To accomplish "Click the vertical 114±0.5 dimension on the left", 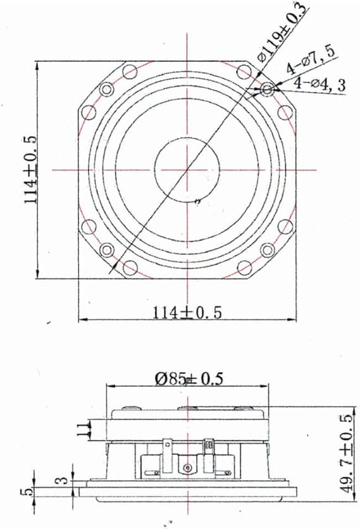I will coord(30,169).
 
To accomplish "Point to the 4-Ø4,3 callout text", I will coord(320,86).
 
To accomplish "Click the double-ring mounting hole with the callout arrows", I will coord(268,90).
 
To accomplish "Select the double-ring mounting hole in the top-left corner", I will coord(107,90).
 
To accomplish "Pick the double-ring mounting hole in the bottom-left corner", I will coord(107,249).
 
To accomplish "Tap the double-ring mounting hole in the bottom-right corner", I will coord(268,249).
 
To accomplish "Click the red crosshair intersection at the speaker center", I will coord(187,170).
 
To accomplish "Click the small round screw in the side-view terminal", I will coord(187,468).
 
